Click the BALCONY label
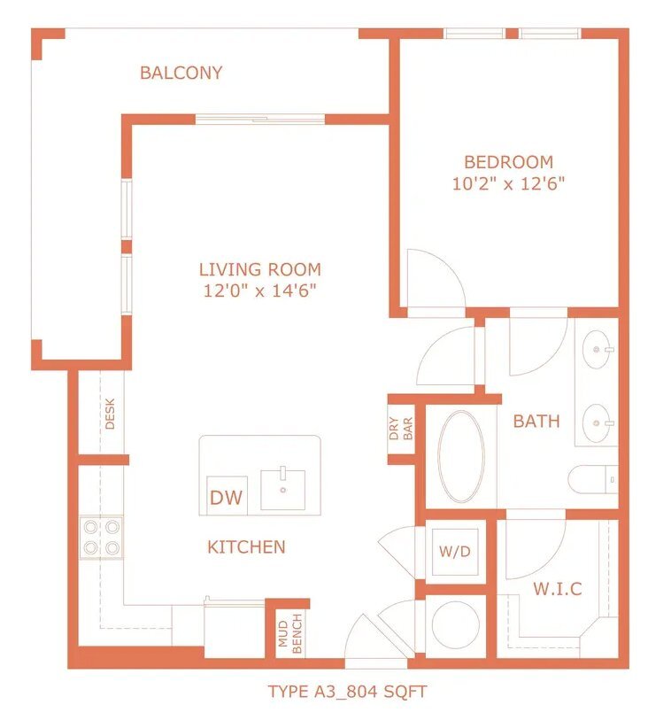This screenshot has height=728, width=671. click(x=181, y=73)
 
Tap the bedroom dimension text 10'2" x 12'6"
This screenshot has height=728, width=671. click(x=508, y=184)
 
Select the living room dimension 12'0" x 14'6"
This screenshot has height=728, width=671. click(x=260, y=291)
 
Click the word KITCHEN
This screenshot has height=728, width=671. click(x=246, y=547)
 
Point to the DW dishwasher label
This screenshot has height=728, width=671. click(x=226, y=498)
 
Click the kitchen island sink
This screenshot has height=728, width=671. click(x=283, y=490)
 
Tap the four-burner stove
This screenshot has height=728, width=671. click(x=101, y=538)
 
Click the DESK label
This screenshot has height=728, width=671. click(x=110, y=414)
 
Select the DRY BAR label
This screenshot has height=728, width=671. click(x=401, y=428)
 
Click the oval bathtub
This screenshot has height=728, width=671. click(x=461, y=456)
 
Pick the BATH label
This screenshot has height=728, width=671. click(x=536, y=421)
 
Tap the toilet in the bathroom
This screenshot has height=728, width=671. click(x=593, y=480)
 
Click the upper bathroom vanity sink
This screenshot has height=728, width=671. click(x=598, y=349)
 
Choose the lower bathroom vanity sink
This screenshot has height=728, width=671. click(x=598, y=423)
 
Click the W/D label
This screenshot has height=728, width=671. click(x=455, y=551)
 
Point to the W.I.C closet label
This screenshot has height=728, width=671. click(x=558, y=589)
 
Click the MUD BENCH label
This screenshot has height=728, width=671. click(x=290, y=634)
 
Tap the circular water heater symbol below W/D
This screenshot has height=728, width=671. click(x=456, y=624)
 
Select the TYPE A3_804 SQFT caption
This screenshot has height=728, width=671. click(x=348, y=692)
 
